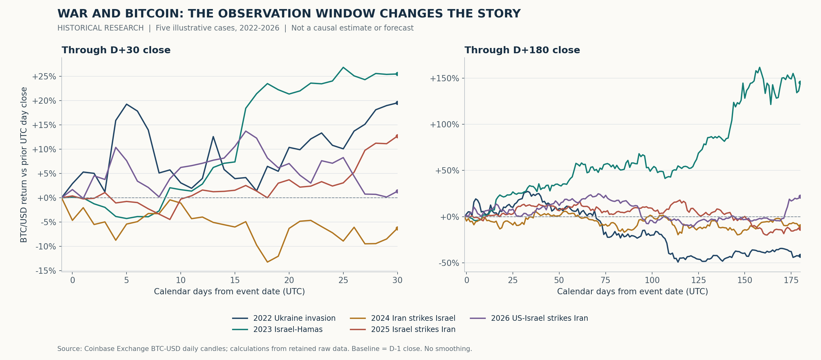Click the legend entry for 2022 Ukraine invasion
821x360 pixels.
coord(284,318)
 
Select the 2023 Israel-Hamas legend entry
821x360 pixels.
coord(277,329)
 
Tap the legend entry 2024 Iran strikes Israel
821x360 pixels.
coord(403,318)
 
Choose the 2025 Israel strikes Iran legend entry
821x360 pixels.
coord(403,329)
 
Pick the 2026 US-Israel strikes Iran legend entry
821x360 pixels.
coord(529,318)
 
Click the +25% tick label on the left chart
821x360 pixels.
coord(44,77)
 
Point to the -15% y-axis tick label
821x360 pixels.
coord(46,271)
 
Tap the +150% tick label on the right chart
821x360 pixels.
coord(445,78)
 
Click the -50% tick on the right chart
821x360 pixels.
coord(449,263)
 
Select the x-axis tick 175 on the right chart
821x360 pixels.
coord(791,280)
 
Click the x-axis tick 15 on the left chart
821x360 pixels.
coord(235,280)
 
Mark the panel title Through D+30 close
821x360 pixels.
coord(116,50)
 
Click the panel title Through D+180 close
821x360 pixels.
coord(522,50)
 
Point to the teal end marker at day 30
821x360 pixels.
coord(397,74)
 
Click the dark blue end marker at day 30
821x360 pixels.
coord(397,103)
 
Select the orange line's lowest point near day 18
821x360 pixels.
coord(267,262)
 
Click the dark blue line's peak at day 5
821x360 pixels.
coord(126,104)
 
